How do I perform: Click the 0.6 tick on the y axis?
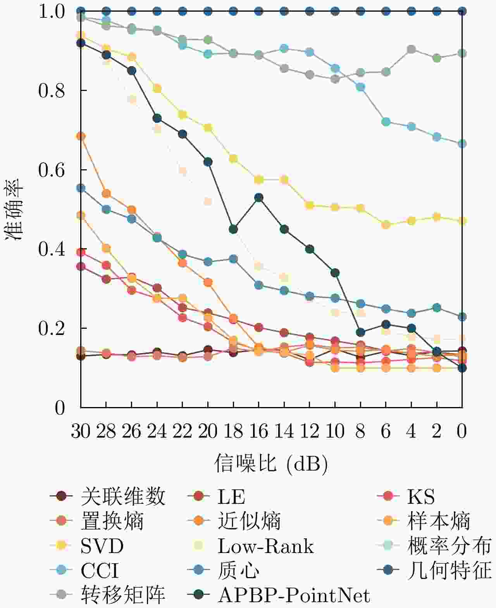click(x=51, y=170)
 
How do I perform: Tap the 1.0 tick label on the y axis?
click(x=51, y=12)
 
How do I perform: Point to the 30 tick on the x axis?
click(x=81, y=431)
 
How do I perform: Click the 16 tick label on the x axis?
click(x=258, y=431)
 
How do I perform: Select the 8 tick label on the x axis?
click(x=360, y=431)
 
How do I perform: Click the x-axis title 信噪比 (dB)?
click(x=271, y=463)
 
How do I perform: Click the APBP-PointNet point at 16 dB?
click(x=259, y=198)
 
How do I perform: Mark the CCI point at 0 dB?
click(x=462, y=144)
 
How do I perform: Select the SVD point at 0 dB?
click(x=462, y=221)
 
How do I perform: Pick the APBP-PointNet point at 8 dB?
click(x=360, y=332)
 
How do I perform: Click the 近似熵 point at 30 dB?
click(x=81, y=136)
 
